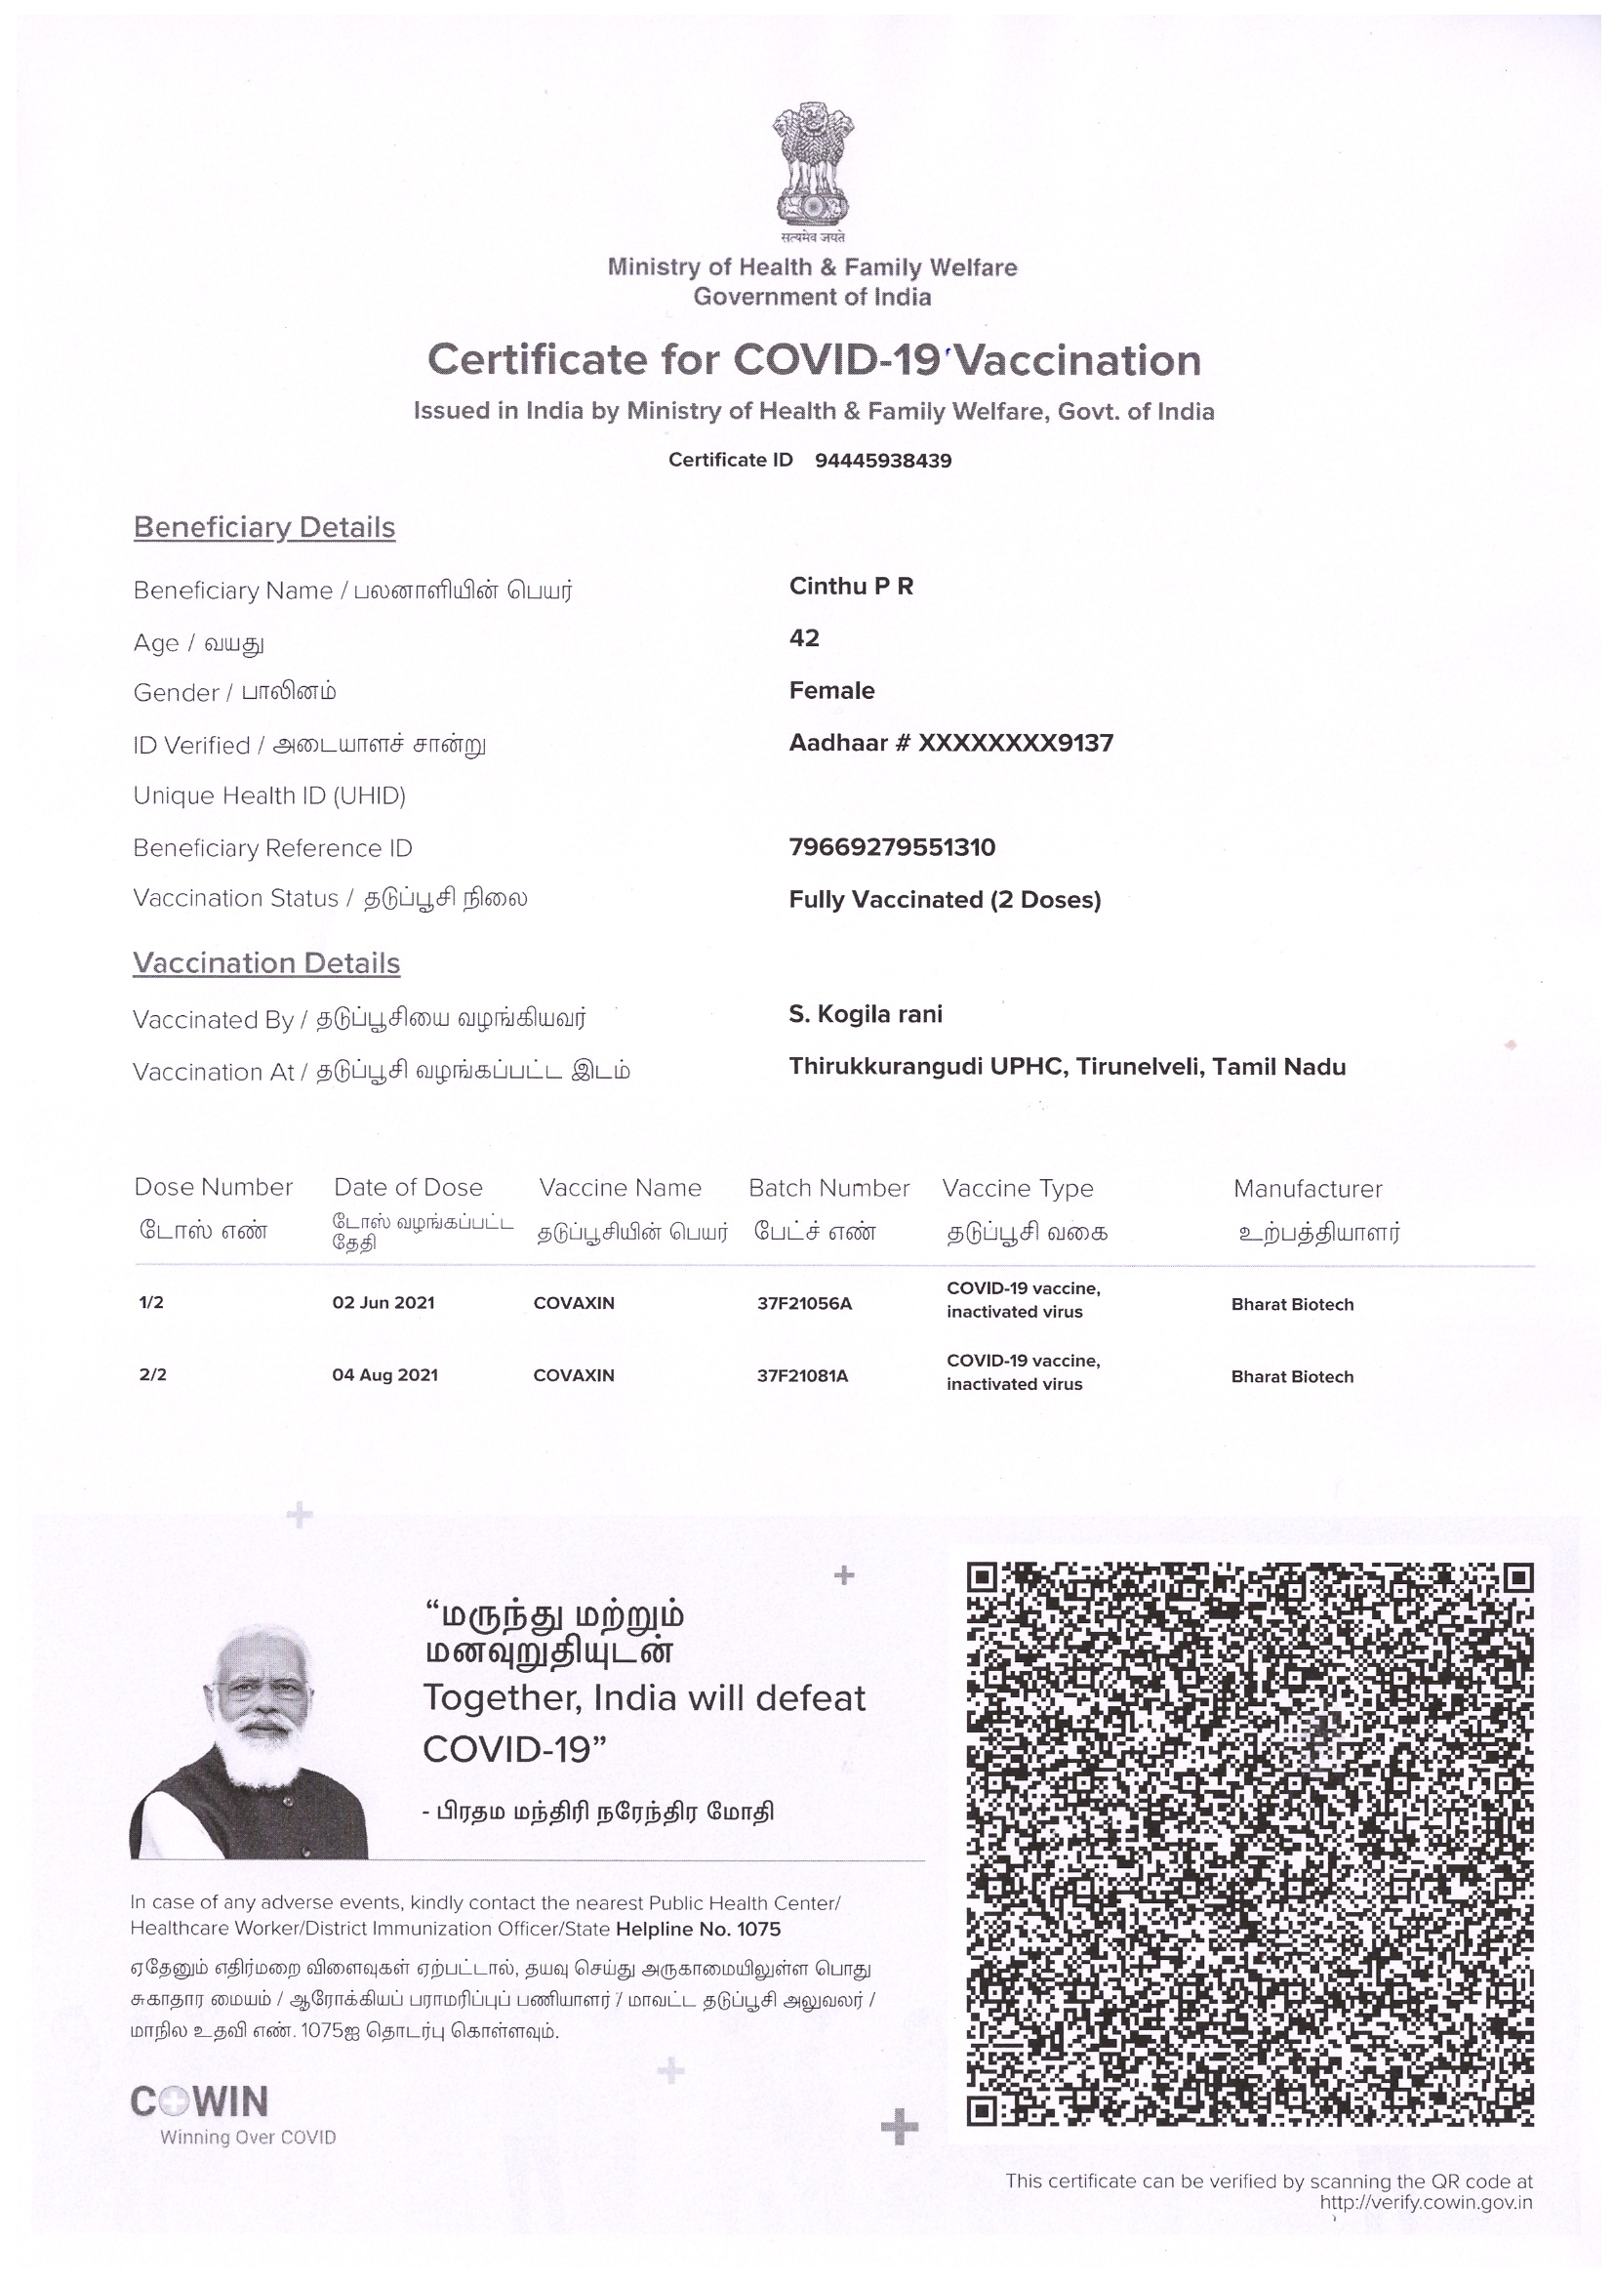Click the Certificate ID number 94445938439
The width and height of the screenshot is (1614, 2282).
(882, 460)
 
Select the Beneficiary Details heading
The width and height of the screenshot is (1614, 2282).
(264, 527)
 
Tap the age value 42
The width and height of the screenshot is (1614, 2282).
(804, 638)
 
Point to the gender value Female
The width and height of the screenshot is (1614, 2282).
(831, 691)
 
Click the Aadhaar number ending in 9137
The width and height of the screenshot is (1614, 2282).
(951, 744)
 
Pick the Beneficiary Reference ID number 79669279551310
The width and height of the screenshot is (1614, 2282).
(892, 848)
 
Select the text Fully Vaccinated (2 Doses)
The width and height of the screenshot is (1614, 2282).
(945, 900)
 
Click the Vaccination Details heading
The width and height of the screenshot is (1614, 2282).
(266, 963)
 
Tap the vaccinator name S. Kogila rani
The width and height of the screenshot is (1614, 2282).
(866, 1015)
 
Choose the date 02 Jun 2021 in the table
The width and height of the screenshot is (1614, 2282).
(383, 1303)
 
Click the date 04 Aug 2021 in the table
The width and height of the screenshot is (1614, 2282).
(384, 1375)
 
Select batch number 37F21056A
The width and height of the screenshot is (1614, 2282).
(804, 1304)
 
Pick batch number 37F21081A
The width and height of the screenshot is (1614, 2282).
(802, 1376)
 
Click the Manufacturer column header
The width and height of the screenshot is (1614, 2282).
(1307, 1189)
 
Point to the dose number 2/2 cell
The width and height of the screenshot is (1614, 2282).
(153, 1375)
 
